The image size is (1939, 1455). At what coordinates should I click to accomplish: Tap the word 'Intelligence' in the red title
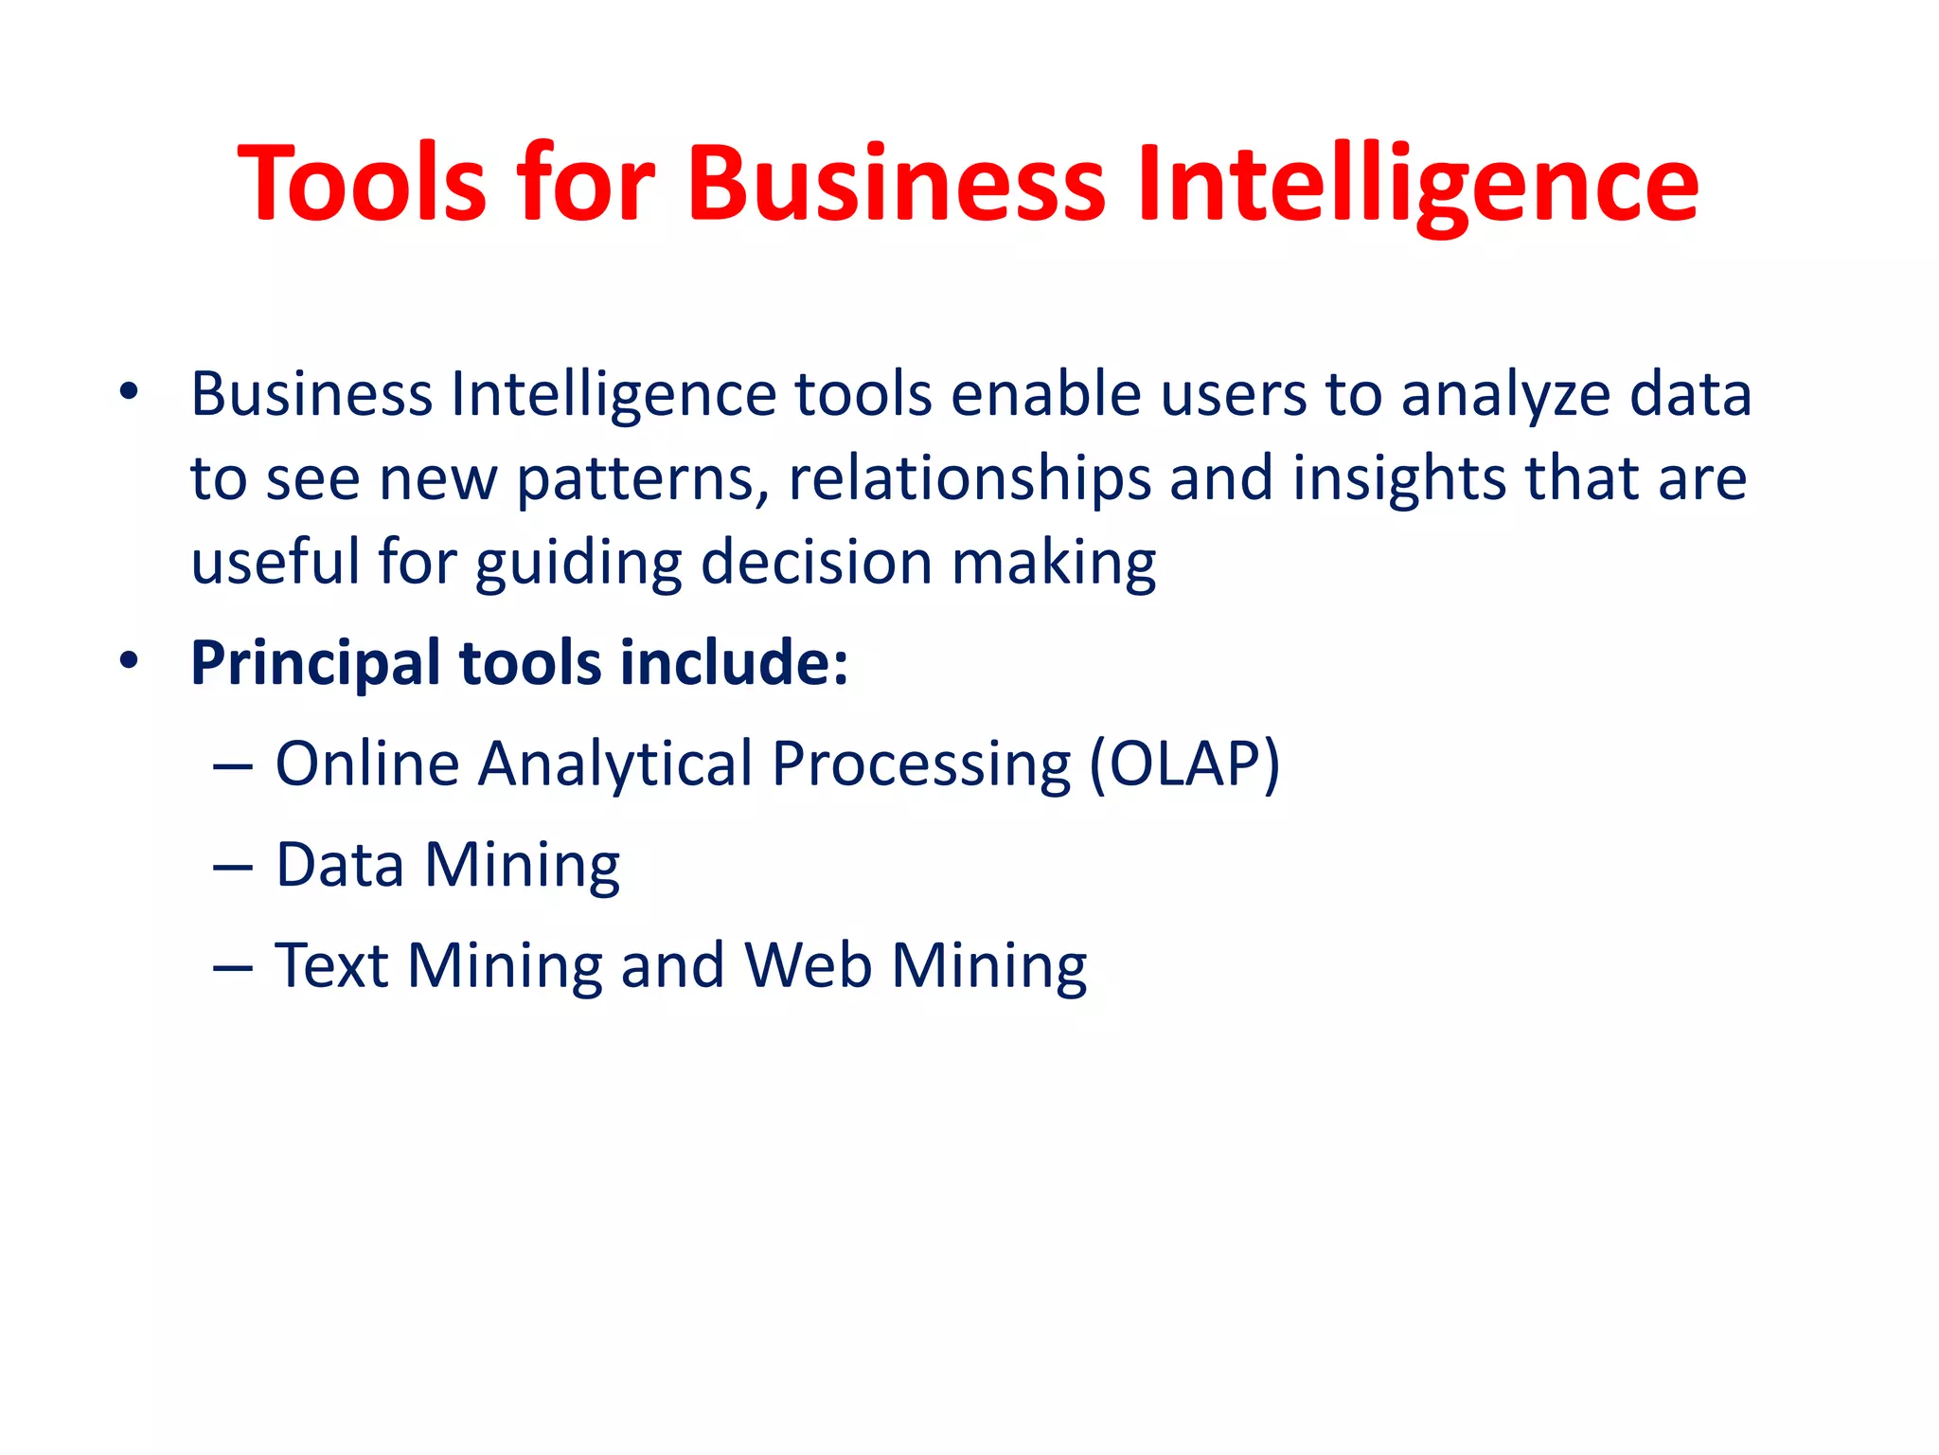(1417, 185)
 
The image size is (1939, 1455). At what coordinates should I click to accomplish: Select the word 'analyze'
(1505, 396)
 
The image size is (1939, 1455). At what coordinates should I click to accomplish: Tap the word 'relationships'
(969, 480)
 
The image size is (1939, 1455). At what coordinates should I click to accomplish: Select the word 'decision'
(816, 563)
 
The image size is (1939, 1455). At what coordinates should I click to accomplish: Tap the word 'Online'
(367, 763)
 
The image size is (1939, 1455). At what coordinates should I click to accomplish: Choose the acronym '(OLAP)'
(1184, 765)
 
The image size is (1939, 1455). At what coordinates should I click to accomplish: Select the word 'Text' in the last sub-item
(331, 966)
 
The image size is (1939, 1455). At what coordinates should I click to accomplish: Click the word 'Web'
(808, 966)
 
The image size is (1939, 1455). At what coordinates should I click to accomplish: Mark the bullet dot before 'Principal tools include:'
(129, 661)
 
